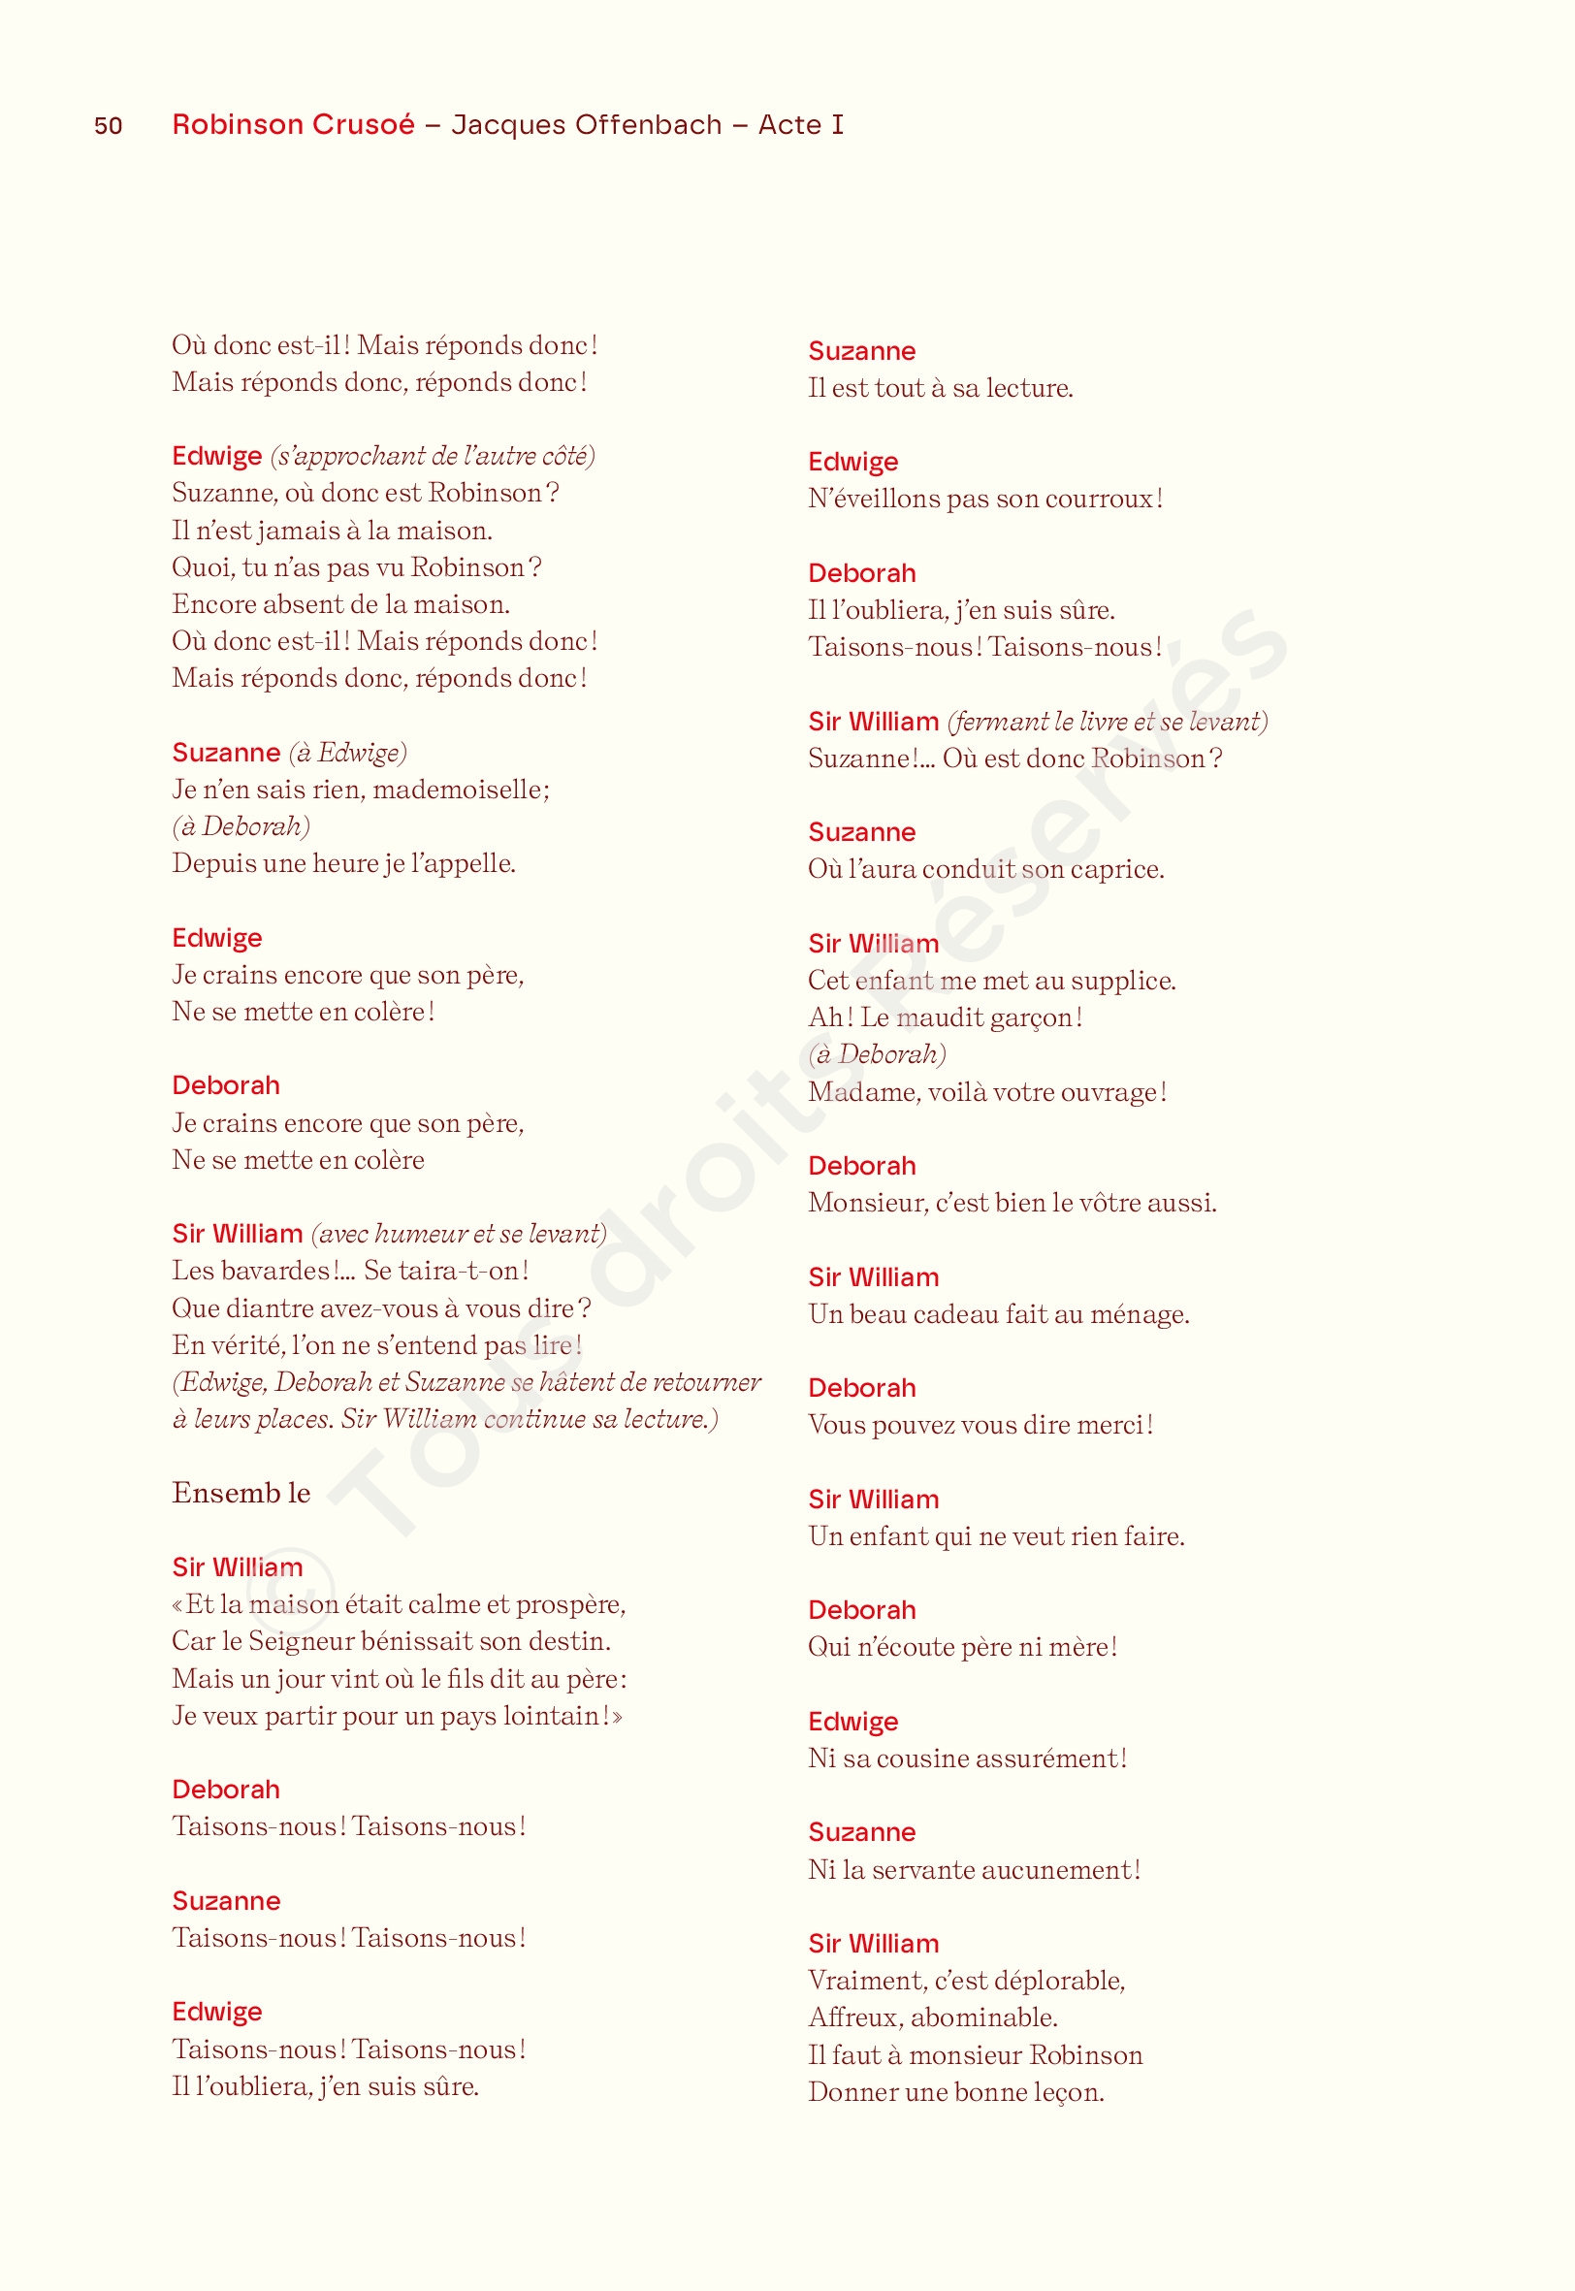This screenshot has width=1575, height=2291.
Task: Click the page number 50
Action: (109, 125)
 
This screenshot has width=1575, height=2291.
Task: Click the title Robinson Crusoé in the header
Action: (293, 124)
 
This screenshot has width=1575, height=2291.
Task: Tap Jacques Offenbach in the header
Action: (586, 124)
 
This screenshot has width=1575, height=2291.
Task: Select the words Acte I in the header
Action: (800, 124)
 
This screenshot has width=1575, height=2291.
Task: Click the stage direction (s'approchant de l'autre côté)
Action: (433, 456)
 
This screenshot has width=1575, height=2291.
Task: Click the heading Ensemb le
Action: (241, 1493)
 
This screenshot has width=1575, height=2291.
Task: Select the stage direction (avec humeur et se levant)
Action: (459, 1234)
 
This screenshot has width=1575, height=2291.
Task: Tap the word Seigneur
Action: (301, 1641)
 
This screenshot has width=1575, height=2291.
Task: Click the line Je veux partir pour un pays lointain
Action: (397, 1716)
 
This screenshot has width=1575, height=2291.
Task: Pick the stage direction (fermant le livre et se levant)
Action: (1108, 722)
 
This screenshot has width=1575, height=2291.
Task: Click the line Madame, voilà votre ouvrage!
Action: (987, 1092)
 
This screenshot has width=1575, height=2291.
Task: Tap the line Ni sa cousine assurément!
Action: (967, 1759)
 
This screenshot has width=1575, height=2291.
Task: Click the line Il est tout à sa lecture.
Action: (941, 388)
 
